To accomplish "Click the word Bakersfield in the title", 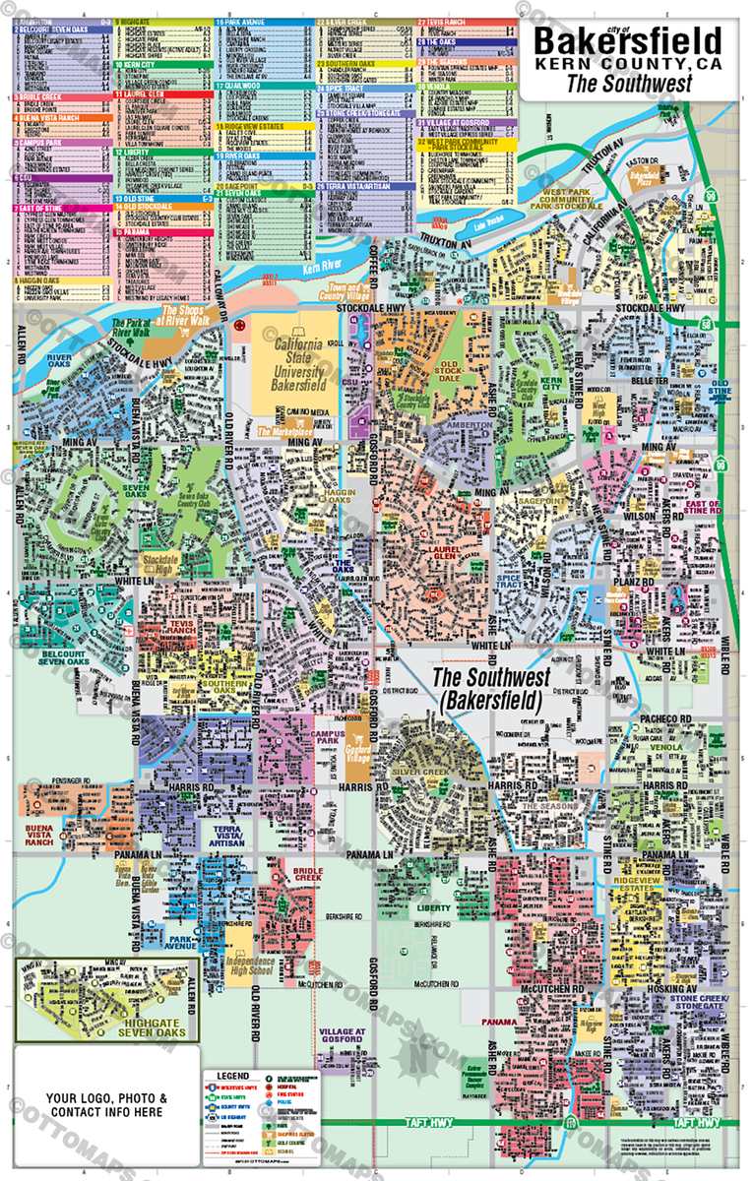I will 627,42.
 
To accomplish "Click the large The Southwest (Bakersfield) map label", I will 488,690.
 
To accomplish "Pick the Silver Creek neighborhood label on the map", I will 433,775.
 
